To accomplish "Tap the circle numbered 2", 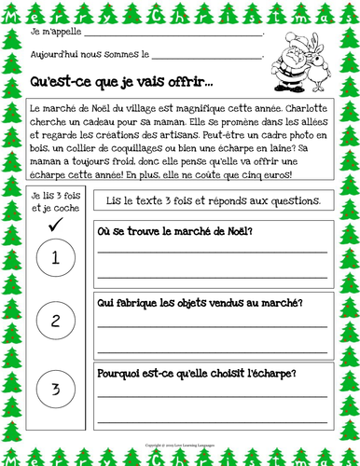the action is (x=56, y=322).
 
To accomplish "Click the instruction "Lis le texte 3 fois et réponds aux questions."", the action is (x=214, y=201).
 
